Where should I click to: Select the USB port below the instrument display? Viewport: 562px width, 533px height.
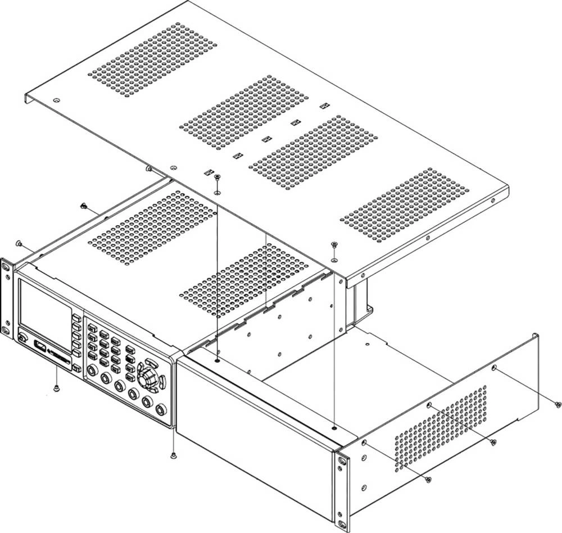click(x=39, y=344)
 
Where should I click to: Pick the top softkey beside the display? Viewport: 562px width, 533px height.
click(x=76, y=318)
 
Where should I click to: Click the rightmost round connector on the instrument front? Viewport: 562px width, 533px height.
click(x=161, y=409)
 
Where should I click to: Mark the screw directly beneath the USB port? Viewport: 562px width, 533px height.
click(x=56, y=388)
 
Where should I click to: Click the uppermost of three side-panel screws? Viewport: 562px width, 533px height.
click(x=557, y=404)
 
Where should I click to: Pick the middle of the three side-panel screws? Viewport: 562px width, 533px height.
click(x=493, y=442)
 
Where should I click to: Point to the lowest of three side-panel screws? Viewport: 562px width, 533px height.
click(x=428, y=479)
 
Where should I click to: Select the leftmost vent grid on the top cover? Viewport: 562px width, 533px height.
click(x=153, y=58)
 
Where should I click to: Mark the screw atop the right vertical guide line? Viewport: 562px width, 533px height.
click(x=334, y=244)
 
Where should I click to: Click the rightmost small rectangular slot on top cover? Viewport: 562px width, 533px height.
click(x=323, y=106)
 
